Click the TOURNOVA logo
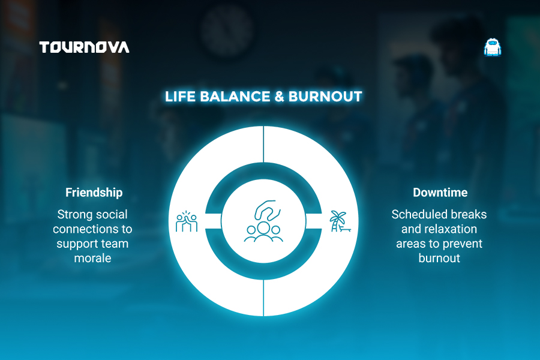[x=85, y=47]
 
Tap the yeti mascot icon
[x=493, y=47]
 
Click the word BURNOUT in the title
[x=325, y=97]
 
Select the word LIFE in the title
[x=181, y=97]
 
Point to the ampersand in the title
[x=279, y=97]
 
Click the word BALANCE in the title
[x=235, y=97]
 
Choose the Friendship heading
[x=94, y=193]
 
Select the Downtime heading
[x=440, y=192]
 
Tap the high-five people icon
[x=187, y=221]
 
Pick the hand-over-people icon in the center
[x=263, y=221]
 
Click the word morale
[x=92, y=258]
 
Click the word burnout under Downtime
[x=439, y=258]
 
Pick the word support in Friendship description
[x=74, y=244]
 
